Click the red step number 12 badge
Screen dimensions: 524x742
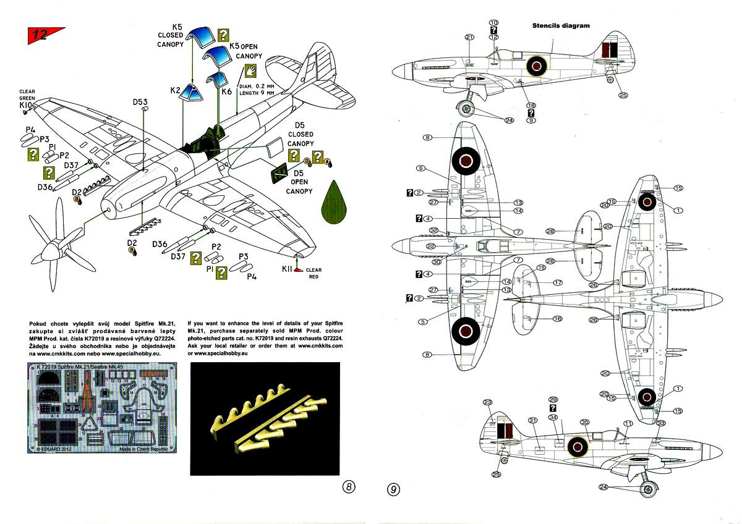pos(38,35)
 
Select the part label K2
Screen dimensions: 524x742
pos(175,90)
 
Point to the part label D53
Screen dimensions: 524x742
pos(140,102)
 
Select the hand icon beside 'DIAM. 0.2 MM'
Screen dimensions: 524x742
pos(251,69)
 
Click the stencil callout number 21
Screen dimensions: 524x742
pos(470,37)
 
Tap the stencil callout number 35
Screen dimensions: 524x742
pos(584,422)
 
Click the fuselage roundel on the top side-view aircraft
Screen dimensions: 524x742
pos(536,64)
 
